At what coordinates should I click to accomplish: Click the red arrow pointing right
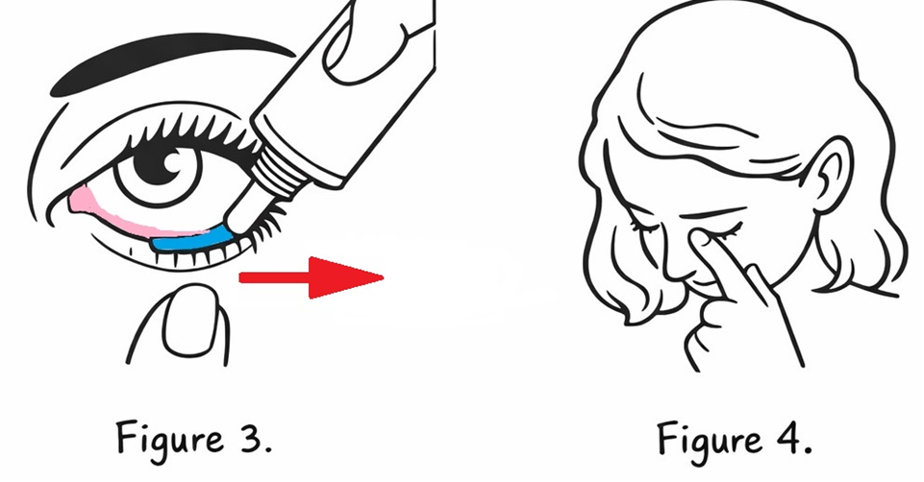pyautogui.click(x=312, y=277)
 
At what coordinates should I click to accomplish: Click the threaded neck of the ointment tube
pyautogui.click(x=276, y=168)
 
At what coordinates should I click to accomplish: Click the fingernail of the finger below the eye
pyautogui.click(x=189, y=320)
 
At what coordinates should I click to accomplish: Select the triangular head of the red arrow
pyautogui.click(x=346, y=277)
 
